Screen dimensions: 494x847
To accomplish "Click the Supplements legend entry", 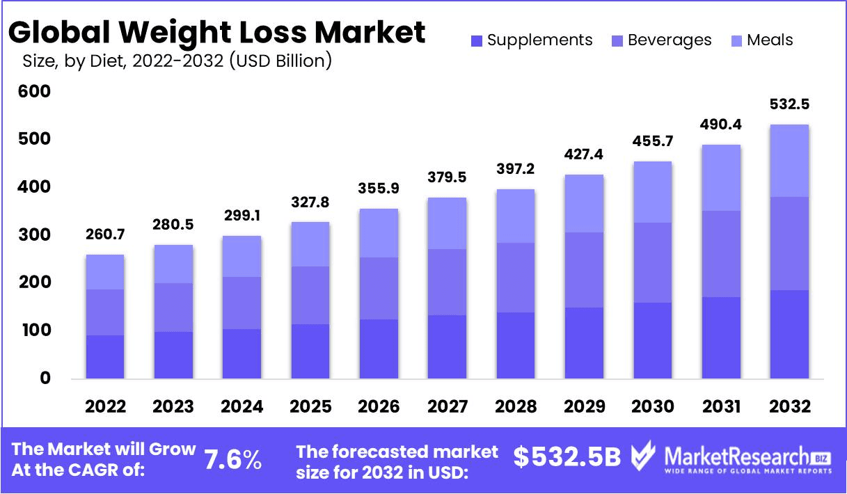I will (532, 40).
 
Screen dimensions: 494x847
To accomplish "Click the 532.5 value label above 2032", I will (789, 105).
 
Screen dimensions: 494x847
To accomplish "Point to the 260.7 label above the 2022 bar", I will (106, 235).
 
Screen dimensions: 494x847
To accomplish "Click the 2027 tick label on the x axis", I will (448, 406).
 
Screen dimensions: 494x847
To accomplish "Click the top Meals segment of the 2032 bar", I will (789, 161).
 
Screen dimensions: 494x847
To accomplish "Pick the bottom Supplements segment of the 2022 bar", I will (106, 357).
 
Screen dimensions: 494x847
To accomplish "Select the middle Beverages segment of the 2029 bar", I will (584, 270).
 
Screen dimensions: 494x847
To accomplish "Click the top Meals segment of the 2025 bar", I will (310, 244).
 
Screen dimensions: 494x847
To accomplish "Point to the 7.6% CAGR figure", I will (233, 460).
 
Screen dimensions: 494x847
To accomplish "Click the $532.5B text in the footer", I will (567, 457).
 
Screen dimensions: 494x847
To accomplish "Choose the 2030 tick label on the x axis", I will (652, 406).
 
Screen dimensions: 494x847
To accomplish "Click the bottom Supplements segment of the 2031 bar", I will (721, 337).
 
